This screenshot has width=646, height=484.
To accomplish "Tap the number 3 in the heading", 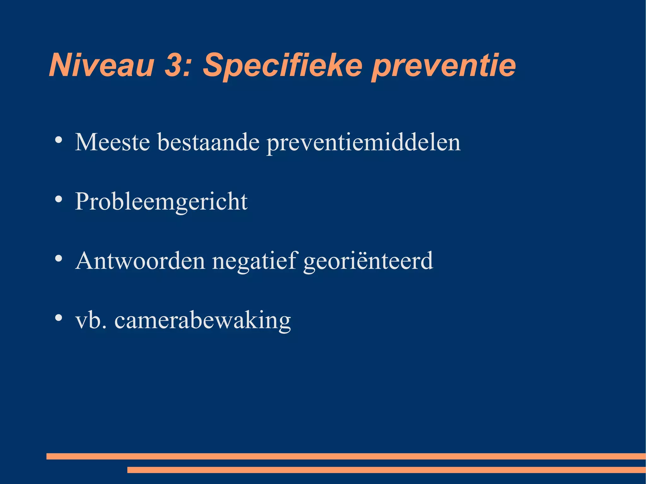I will tap(174, 65).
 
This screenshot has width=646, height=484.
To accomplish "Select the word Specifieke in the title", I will tap(282, 65).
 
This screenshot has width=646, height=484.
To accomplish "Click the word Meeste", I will tap(112, 142).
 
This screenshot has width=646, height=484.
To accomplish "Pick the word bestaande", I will tap(208, 142).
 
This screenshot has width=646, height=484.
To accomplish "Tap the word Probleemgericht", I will tap(161, 202).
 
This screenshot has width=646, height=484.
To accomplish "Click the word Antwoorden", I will tap(140, 261).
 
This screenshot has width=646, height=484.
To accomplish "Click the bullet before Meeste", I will tap(58, 140).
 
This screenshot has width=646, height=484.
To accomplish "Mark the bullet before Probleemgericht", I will tap(58, 199).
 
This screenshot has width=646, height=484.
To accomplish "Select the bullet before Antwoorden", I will tap(58, 259).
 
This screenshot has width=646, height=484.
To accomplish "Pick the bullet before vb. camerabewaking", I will tap(58, 318).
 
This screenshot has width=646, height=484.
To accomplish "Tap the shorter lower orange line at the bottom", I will tap(386, 470).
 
